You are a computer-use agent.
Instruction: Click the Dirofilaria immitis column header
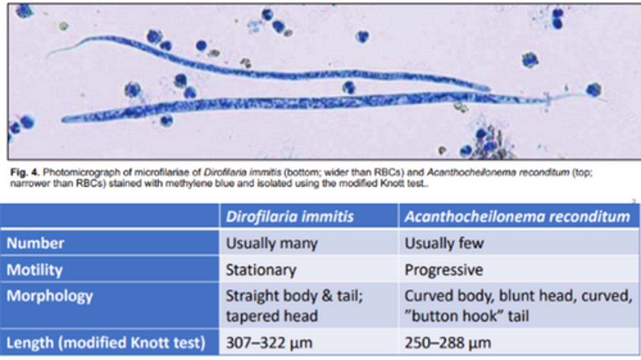point(290,216)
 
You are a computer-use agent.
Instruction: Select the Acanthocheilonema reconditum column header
point(517,216)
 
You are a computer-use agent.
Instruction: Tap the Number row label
point(35,243)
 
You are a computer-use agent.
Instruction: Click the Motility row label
point(34,270)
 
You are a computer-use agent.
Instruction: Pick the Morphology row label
point(50,296)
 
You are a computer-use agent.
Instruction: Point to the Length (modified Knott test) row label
point(106,343)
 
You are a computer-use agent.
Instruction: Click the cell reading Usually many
point(272,243)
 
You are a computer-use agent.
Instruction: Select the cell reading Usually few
point(444,243)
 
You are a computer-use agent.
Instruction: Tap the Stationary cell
point(261,270)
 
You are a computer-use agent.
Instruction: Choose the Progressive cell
point(444,270)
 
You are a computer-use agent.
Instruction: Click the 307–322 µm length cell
point(269,343)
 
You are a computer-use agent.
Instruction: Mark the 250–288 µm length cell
point(447,343)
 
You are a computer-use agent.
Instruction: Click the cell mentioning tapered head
point(294,306)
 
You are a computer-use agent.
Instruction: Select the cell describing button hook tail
point(518,306)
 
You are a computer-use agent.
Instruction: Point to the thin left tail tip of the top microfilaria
point(49,57)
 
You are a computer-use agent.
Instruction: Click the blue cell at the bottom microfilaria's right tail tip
point(593,90)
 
